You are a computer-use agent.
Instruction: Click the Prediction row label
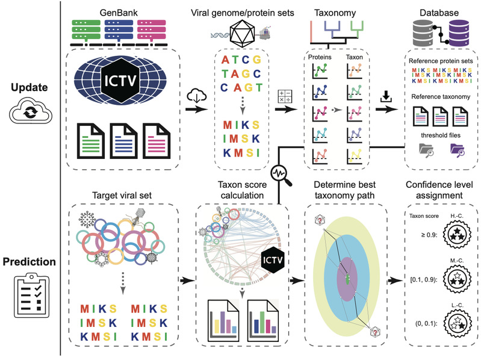tap(29, 264)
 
